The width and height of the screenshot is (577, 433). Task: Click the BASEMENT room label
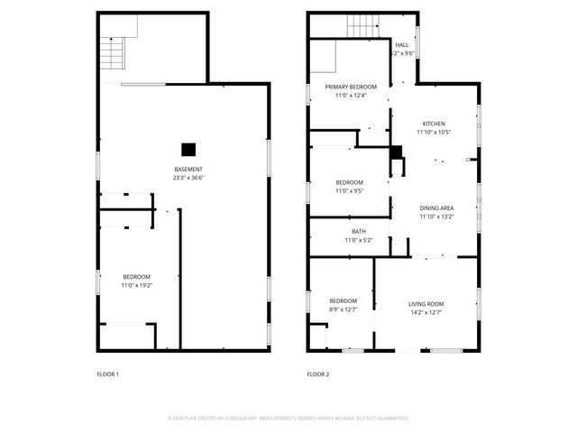[x=188, y=170]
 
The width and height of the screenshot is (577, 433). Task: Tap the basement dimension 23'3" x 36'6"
[x=188, y=178]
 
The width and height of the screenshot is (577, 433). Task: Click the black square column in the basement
[x=188, y=150]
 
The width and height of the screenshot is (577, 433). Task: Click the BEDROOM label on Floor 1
[x=137, y=276]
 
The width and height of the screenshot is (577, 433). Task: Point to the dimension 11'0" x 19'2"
[x=137, y=284]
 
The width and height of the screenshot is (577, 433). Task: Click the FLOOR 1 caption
[x=107, y=373]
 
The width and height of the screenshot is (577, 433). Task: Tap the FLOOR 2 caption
[x=318, y=373]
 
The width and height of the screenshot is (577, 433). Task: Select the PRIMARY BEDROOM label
[x=351, y=87]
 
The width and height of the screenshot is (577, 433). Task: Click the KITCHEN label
[x=434, y=124]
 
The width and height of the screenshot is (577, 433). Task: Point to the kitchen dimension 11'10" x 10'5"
[x=434, y=132]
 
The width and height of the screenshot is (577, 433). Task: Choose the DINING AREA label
[x=436, y=208]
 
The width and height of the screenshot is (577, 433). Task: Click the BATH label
[x=358, y=231]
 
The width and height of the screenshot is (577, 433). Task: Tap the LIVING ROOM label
[x=426, y=303]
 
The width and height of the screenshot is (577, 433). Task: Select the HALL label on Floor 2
[x=402, y=44]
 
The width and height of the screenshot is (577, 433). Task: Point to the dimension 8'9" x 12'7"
[x=343, y=309]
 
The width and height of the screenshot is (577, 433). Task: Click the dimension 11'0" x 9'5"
[x=351, y=190]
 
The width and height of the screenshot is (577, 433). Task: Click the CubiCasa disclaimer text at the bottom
[x=288, y=418]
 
